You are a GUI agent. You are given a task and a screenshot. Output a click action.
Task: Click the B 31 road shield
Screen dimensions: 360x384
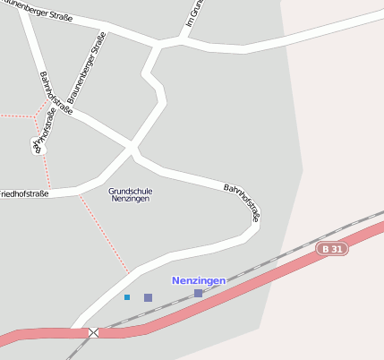[332, 248]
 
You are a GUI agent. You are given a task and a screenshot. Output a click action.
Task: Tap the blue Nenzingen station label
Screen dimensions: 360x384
[199, 280]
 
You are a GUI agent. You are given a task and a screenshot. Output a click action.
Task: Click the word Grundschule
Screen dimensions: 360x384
[130, 191]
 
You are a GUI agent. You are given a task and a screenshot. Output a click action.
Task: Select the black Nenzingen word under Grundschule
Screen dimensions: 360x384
[130, 199]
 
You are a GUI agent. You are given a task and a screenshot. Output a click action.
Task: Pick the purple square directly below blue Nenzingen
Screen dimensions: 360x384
[198, 293]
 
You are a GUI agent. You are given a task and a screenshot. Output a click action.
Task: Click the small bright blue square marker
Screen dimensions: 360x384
[127, 297]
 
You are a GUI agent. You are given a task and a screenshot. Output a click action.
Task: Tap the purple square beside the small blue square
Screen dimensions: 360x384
[148, 297]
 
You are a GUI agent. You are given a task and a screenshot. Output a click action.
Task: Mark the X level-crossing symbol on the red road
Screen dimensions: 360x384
[94, 332]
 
